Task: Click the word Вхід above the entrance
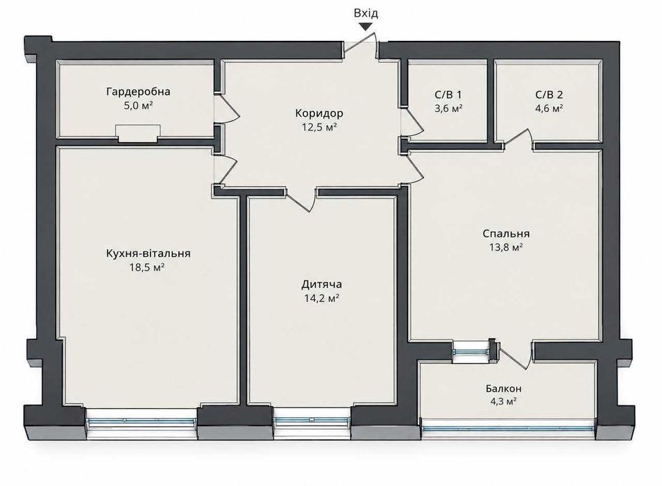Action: tap(366, 13)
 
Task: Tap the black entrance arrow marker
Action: tap(366, 26)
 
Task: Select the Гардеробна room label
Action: tap(139, 92)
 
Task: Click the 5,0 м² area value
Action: tap(138, 105)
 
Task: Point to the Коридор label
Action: tap(319, 113)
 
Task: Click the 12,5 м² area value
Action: tap(319, 126)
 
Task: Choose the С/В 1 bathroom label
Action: tap(448, 94)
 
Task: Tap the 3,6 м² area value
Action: tap(448, 108)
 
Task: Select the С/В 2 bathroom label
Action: tap(550, 94)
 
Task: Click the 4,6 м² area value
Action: tap(550, 108)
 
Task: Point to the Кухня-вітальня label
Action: tap(148, 253)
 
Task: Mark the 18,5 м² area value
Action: tap(147, 267)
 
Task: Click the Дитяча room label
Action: tap(322, 284)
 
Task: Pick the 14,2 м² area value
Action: tap(322, 298)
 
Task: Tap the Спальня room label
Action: tap(506, 233)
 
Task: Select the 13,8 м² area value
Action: tap(506, 247)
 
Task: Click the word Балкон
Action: tap(503, 388)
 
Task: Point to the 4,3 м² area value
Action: tap(503, 401)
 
